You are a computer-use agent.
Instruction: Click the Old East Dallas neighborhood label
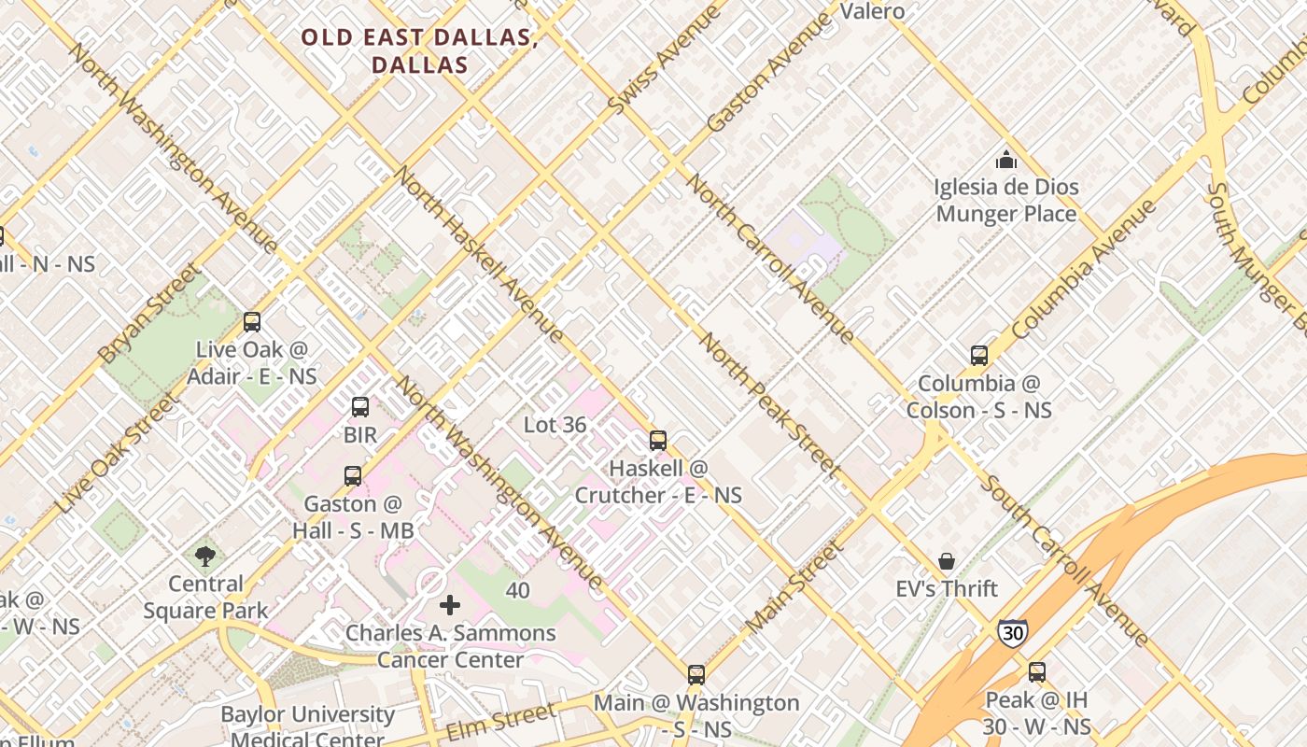(x=419, y=51)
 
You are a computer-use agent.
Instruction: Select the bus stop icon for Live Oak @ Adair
(x=251, y=322)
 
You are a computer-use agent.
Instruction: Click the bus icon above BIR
(x=360, y=407)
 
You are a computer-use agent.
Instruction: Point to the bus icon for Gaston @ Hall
(x=352, y=476)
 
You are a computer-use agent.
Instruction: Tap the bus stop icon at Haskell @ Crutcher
(x=658, y=440)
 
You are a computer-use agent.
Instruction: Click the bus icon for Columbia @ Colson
(x=978, y=356)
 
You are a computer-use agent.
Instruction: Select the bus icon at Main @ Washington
(x=696, y=674)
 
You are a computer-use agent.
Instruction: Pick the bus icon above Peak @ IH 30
(x=1036, y=671)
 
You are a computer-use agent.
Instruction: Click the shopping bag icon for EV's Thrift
(x=947, y=561)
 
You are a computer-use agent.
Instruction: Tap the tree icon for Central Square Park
(x=205, y=557)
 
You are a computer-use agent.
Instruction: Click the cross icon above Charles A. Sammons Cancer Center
(x=450, y=605)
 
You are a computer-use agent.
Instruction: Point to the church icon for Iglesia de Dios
(x=1005, y=160)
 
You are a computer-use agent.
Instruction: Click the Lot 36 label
(x=555, y=425)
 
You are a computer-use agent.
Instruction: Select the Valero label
(x=872, y=11)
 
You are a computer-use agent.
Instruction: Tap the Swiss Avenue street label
(x=664, y=62)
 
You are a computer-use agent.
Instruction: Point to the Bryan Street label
(x=148, y=313)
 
